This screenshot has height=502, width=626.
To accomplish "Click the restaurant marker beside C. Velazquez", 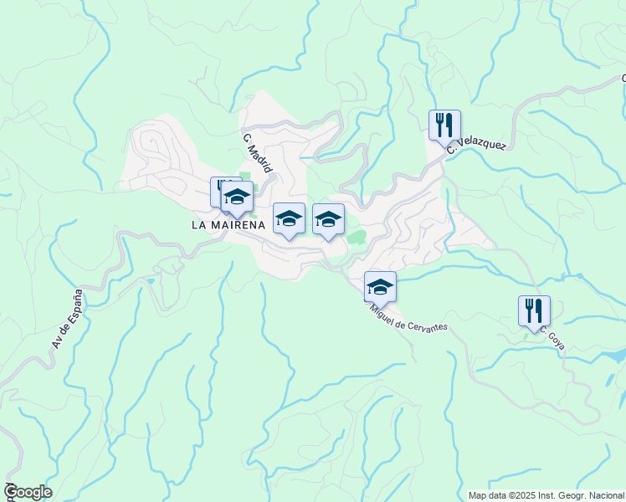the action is click(444, 125).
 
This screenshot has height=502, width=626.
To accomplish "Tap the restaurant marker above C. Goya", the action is click(534, 310).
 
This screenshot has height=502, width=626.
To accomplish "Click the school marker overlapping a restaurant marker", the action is click(237, 197).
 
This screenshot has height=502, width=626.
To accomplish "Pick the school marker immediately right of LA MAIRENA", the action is click(289, 218).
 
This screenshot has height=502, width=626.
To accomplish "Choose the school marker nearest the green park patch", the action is click(328, 220).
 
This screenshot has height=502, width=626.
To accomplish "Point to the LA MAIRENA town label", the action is click(228, 224).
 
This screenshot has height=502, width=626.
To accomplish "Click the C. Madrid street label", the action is click(259, 153).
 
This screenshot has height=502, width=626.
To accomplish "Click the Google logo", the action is click(28, 492).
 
